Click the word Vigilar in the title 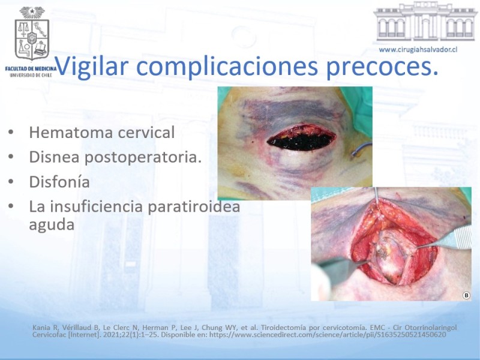pos(91,66)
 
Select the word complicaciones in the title pos(227,66)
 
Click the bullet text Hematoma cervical pos(101,133)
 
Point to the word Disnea pos(54,157)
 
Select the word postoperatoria pos(143,158)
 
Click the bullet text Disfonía pos(59,182)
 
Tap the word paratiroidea pos(194,207)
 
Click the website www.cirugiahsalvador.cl pos(418,50)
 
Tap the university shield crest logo pos(32,34)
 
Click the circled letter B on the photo pos(466,295)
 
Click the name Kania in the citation pos(41,328)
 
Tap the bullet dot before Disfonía pos(11,182)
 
